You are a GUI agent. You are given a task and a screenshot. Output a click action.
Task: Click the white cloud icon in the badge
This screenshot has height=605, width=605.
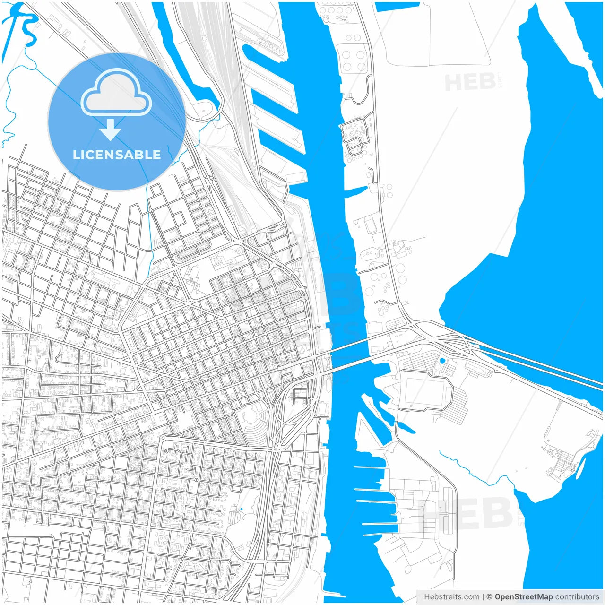tap(116, 92)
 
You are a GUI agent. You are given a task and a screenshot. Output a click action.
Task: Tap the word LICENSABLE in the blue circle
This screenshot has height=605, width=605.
tap(117, 155)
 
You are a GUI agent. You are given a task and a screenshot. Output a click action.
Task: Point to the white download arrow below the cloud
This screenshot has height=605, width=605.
tap(111, 130)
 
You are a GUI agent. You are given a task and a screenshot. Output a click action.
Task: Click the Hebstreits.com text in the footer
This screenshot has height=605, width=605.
tap(451, 597)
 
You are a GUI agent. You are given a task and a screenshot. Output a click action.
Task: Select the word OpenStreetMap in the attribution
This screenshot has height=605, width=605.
tap(523, 597)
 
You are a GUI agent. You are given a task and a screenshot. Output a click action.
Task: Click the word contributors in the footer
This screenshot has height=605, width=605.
tap(577, 597)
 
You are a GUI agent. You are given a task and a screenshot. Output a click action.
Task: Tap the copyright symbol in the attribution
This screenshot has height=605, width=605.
tap(489, 597)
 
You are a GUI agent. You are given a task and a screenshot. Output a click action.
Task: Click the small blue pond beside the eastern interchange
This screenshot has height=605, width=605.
tap(442, 361)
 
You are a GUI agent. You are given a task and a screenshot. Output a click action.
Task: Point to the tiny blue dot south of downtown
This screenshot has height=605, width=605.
tap(241, 509)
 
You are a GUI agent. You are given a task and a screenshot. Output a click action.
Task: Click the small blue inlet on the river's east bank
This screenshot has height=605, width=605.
tap(355, 191)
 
